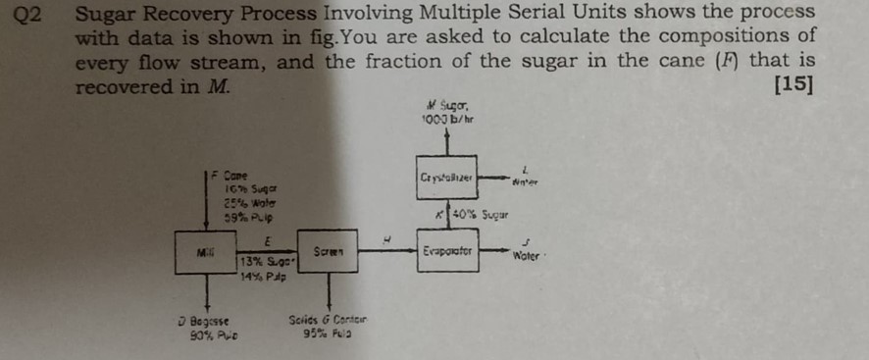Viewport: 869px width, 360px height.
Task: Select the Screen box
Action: click(x=327, y=252)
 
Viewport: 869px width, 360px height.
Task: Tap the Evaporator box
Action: click(x=447, y=251)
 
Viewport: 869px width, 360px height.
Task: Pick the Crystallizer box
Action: click(x=446, y=177)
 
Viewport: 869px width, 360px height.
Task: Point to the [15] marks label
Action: click(x=793, y=84)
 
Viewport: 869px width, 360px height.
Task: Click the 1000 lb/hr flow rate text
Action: click(x=447, y=117)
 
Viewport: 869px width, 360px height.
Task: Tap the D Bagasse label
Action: click(x=204, y=320)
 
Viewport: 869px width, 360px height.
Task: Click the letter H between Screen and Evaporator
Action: click(x=386, y=237)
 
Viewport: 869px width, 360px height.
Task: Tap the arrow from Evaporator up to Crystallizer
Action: click(x=447, y=215)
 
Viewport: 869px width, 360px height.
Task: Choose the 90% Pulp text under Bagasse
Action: click(x=201, y=334)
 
